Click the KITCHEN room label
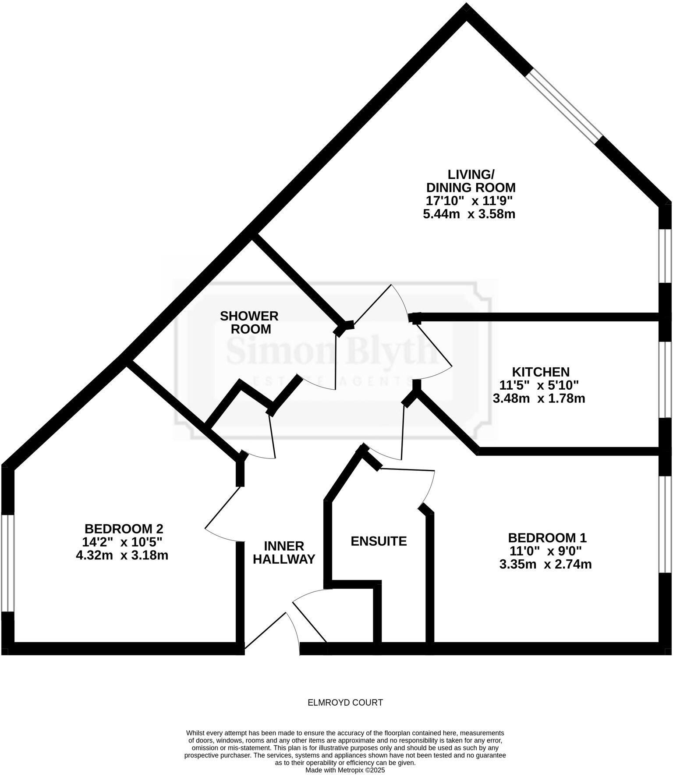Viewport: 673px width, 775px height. coord(541,372)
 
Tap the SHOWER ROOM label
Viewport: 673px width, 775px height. coord(249,322)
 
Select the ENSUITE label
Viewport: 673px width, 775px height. coord(379,541)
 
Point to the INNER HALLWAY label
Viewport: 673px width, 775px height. coord(284,552)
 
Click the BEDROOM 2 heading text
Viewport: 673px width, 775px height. coord(124,528)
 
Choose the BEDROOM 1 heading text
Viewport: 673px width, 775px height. coord(547,537)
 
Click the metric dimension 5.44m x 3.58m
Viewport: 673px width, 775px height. coord(469,214)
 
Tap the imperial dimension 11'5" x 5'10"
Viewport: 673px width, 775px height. coord(539,385)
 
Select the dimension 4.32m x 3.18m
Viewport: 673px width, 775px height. coord(122,555)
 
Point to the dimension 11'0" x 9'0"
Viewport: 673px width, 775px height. coord(545,551)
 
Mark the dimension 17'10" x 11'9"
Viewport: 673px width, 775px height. coord(469,201)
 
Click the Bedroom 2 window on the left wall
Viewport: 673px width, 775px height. coord(8,563)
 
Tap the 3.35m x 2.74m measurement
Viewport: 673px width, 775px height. coord(545,564)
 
